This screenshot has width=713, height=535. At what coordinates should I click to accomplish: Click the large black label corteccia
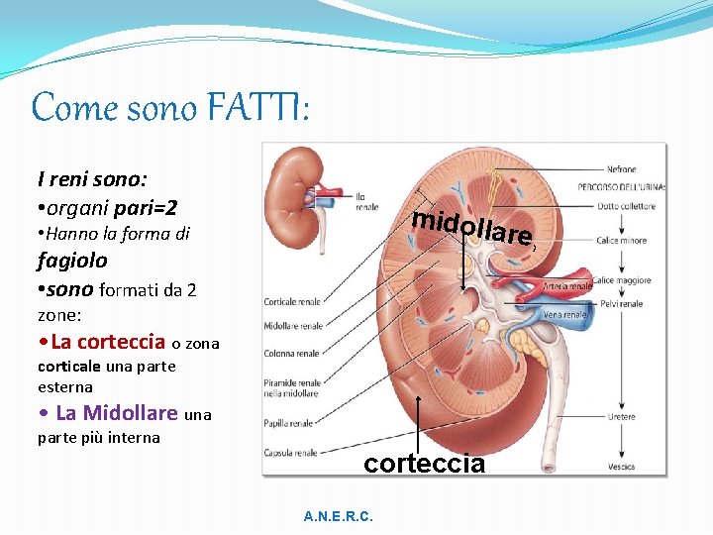tap(425, 463)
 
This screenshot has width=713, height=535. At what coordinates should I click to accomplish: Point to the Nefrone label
tap(621, 169)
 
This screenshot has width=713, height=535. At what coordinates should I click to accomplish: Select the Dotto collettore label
tap(626, 207)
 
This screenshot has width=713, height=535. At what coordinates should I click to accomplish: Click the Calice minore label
tap(622, 241)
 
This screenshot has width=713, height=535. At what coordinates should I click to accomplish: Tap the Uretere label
tap(622, 417)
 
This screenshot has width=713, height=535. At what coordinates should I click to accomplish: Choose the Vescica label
tap(622, 467)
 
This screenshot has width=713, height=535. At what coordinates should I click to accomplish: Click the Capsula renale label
tap(290, 453)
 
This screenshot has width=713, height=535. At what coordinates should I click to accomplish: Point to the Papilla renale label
tap(288, 423)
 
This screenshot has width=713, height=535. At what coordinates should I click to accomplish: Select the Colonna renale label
tap(291, 353)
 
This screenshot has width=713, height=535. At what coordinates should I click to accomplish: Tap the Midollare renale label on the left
tap(293, 326)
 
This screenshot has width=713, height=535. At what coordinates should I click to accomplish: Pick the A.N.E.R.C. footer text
tap(339, 516)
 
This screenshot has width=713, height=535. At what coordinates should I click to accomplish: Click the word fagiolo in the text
tap(72, 262)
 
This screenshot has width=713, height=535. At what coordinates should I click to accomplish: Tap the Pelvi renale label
tap(624, 303)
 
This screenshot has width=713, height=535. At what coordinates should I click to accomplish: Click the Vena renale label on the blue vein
tap(565, 315)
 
